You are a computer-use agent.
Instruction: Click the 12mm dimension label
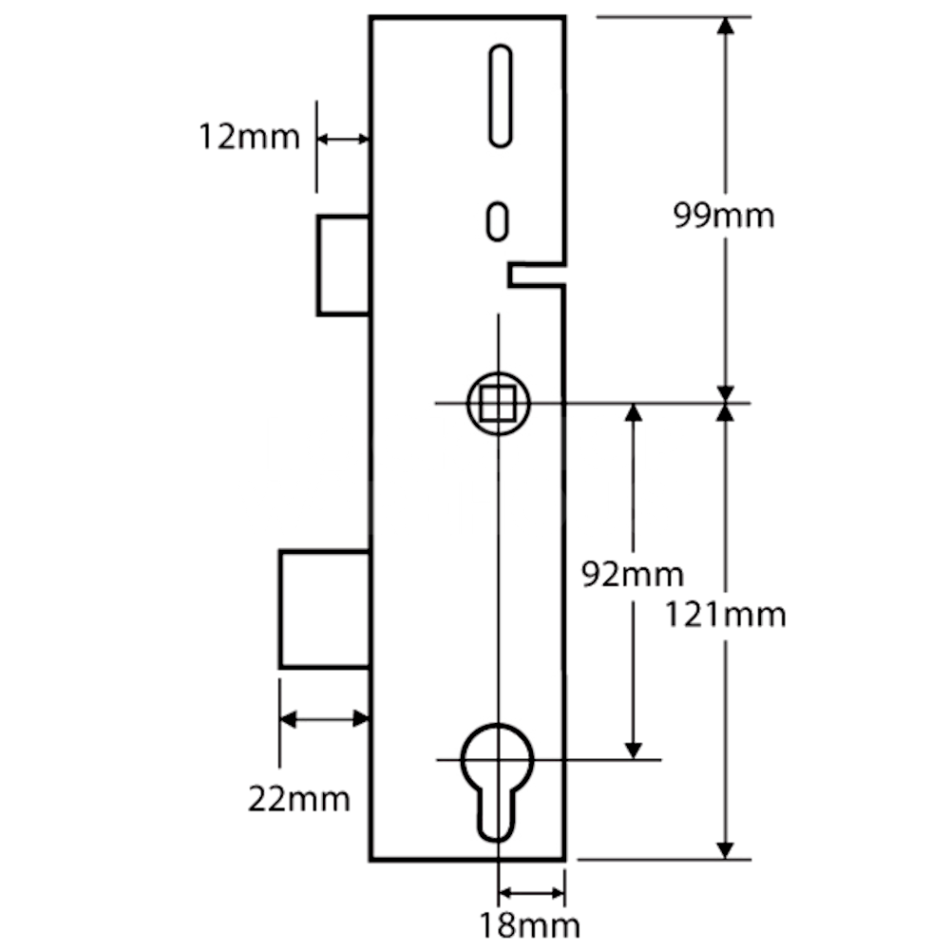[x=249, y=138]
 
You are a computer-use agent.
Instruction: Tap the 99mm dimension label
[x=724, y=216]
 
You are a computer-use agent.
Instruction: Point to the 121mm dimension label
[x=726, y=616]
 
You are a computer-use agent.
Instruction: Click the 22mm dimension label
[x=299, y=799]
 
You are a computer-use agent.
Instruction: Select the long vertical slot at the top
[x=500, y=97]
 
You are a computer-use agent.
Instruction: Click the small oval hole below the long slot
[x=496, y=219]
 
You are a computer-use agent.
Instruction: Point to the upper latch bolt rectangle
[x=343, y=265]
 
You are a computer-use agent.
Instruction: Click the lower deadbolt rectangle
[x=324, y=609]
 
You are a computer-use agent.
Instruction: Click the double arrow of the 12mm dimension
[x=342, y=139]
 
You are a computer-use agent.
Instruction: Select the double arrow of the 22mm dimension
[x=324, y=718]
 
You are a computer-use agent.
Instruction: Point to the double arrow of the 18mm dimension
[x=531, y=893]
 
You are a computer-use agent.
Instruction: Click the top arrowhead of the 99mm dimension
[x=726, y=26]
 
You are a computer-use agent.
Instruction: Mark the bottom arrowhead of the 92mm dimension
[x=633, y=749]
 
